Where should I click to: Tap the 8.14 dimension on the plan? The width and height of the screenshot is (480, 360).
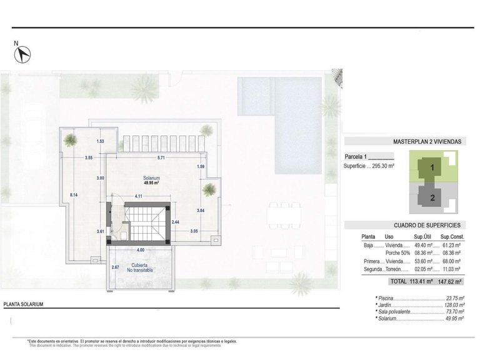(x=74, y=195)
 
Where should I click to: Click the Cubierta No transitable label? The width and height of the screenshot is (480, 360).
(x=139, y=267)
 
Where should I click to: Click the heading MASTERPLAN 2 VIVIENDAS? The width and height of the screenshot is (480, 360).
(x=427, y=142)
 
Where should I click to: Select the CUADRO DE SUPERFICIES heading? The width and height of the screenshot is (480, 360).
(x=427, y=224)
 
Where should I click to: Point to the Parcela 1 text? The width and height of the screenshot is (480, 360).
(x=356, y=156)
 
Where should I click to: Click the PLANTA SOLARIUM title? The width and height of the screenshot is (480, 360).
(x=23, y=304)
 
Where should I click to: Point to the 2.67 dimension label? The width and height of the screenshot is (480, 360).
(x=115, y=267)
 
